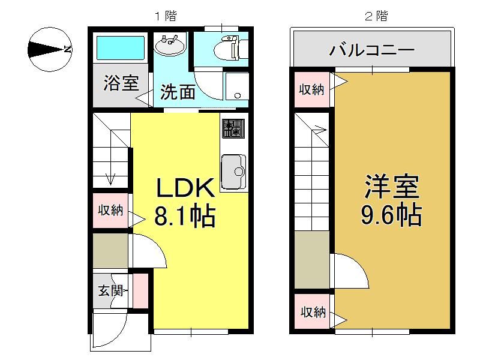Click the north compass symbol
[50, 49]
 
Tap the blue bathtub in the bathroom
[121, 48]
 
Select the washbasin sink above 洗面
[170, 44]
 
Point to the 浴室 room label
[121, 83]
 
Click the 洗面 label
[178, 91]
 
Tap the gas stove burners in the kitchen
[233, 128]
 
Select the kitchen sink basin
[233, 172]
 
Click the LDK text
[185, 188]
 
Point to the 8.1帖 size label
[185, 216]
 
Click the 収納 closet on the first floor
[110, 211]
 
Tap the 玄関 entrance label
[110, 290]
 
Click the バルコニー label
[372, 50]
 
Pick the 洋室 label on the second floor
[392, 187]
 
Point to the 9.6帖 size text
[392, 215]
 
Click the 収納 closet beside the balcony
[311, 89]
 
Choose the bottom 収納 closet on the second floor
[313, 312]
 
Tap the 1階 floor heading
[166, 16]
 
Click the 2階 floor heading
[376, 16]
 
